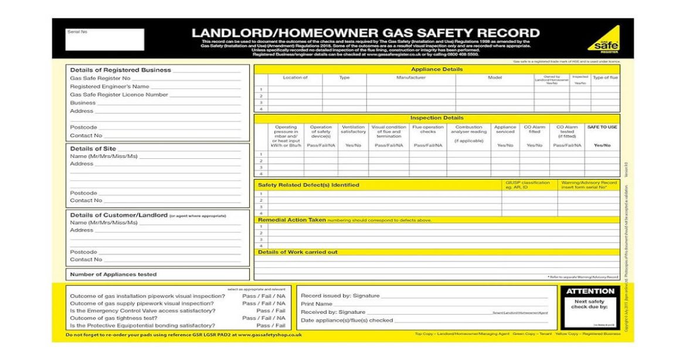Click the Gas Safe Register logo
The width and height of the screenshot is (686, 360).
coord(604,39)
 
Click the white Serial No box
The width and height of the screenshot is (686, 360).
coord(104,40)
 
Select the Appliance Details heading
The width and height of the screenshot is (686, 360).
coord(437,69)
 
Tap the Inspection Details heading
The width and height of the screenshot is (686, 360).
coord(437,118)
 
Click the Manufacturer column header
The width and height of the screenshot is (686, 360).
coord(411,77)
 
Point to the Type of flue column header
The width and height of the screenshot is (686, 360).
coord(605,77)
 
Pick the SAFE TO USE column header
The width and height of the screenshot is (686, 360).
coord(602,127)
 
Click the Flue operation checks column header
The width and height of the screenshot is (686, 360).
coord(428,130)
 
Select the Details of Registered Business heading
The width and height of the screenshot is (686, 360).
coord(121,70)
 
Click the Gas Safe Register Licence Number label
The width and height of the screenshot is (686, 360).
coord(119,94)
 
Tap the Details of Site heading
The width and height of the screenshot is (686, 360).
coord(93,148)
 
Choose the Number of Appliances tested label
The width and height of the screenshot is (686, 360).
coord(114,274)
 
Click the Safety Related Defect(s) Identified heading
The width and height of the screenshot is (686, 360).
coord(308,185)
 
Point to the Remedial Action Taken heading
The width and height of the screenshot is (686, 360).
coord(292,220)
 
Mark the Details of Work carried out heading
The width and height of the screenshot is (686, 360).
coord(298,252)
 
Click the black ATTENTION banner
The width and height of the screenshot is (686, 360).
coord(590,291)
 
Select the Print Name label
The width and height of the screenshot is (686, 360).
coord(317,304)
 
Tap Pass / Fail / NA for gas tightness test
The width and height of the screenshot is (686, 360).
coord(264,318)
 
